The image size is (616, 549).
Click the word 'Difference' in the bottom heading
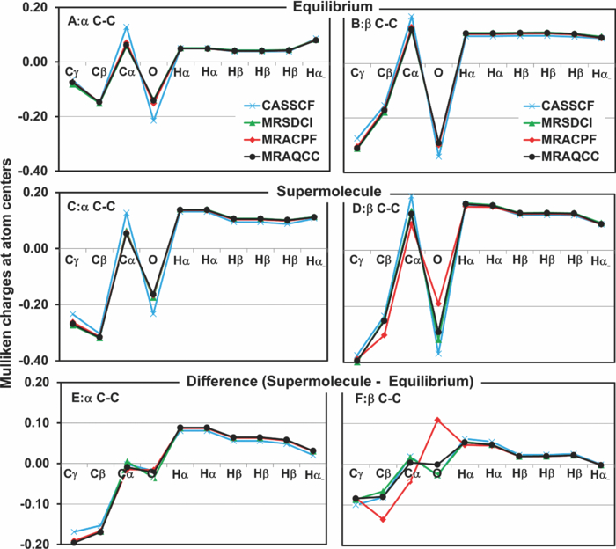pos(219,382)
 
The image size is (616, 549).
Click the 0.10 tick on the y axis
pos(34,422)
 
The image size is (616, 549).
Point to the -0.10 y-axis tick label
pos(33,504)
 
